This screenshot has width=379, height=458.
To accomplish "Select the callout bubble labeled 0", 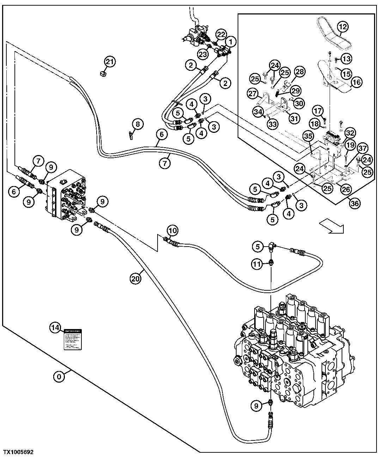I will tap(59, 377).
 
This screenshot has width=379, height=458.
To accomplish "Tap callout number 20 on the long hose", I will tap(135, 278).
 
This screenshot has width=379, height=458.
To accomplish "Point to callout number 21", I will tap(110, 62).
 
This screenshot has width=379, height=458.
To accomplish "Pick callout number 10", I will tap(172, 231).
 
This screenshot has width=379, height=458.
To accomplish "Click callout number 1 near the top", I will tap(231, 42).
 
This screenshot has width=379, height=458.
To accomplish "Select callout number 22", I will tap(220, 35).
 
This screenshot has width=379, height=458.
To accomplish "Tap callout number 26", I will tap(346, 190).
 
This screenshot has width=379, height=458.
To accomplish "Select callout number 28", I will tap(299, 72).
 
